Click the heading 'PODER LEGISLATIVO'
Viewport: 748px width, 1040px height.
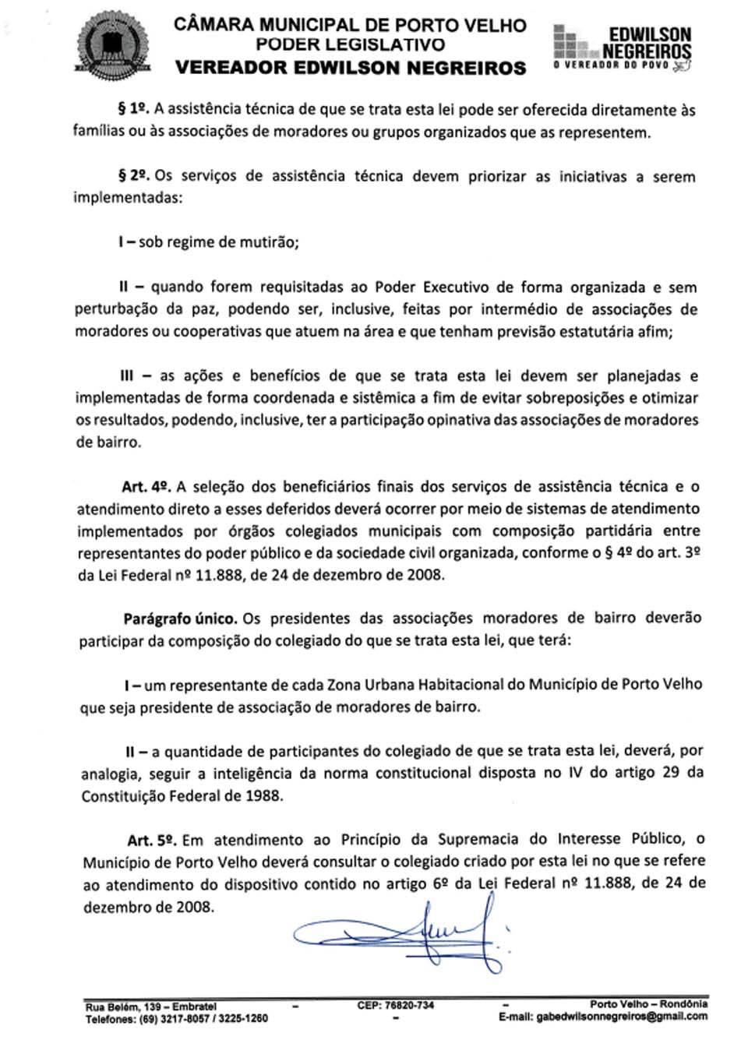pos(351,45)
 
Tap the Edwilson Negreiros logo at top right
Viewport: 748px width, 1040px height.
pos(623,47)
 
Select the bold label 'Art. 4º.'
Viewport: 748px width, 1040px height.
pos(146,487)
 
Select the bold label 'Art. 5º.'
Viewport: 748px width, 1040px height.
pos(152,840)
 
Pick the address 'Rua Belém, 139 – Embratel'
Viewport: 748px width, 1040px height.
pos(151,1007)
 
